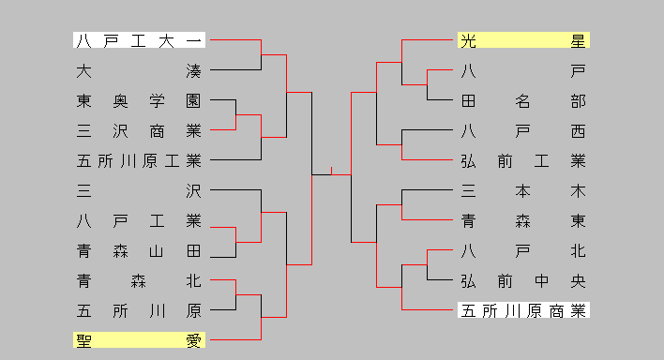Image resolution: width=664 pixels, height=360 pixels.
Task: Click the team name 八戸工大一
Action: (139, 40)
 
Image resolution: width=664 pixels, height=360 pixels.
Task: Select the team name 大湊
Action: (139, 70)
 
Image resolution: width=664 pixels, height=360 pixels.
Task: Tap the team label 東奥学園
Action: (139, 100)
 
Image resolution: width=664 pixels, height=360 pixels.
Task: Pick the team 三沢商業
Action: (139, 130)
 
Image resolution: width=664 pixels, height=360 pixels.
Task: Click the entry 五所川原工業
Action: (139, 160)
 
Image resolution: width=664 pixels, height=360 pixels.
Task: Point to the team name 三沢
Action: (139, 191)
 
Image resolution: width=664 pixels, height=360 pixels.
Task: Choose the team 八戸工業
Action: (139, 221)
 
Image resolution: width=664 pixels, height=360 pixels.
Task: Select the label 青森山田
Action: (139, 251)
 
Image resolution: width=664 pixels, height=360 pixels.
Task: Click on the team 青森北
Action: (139, 280)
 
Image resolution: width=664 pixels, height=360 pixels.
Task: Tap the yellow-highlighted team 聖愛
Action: (139, 340)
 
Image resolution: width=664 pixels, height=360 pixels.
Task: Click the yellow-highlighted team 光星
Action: (523, 40)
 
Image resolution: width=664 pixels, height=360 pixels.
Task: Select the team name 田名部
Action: (523, 100)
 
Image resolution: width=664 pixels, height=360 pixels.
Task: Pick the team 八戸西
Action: (523, 130)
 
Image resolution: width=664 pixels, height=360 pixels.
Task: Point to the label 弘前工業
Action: (523, 160)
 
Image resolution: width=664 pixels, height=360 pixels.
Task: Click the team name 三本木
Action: (523, 191)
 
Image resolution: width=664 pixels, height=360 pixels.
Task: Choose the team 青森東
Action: (523, 221)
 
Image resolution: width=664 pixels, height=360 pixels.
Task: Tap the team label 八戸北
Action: (523, 251)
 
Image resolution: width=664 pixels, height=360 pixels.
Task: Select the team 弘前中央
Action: (523, 280)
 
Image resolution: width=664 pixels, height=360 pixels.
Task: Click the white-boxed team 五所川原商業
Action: (523, 310)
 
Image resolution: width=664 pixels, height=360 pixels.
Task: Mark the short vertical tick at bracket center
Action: (331, 171)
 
